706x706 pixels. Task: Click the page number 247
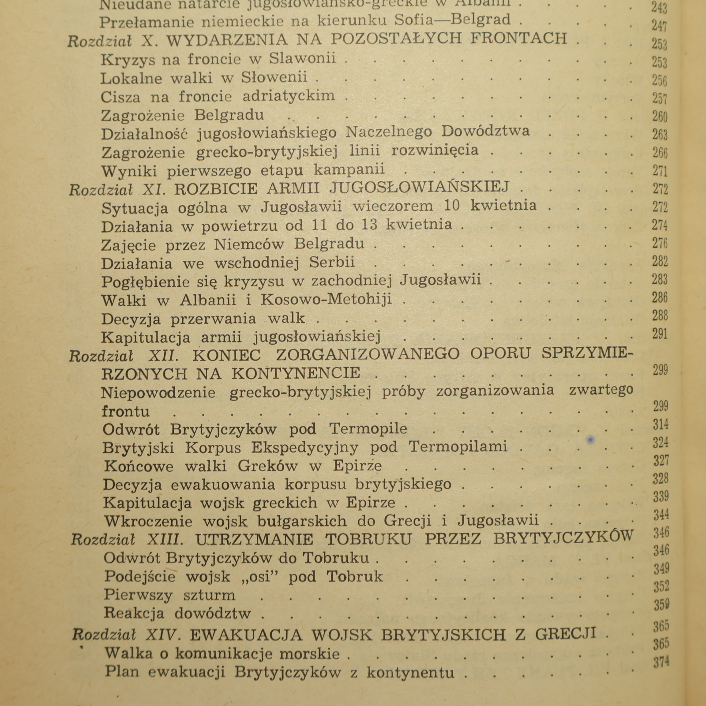point(659,26)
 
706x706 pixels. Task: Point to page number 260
point(660,116)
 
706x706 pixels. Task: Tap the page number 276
point(660,243)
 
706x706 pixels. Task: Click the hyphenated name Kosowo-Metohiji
point(326,299)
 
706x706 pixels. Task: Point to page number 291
point(660,334)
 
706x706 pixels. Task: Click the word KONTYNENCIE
point(296,373)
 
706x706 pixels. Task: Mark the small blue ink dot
point(591,439)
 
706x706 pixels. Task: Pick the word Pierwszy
point(138,595)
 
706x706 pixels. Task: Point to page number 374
point(661,661)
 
